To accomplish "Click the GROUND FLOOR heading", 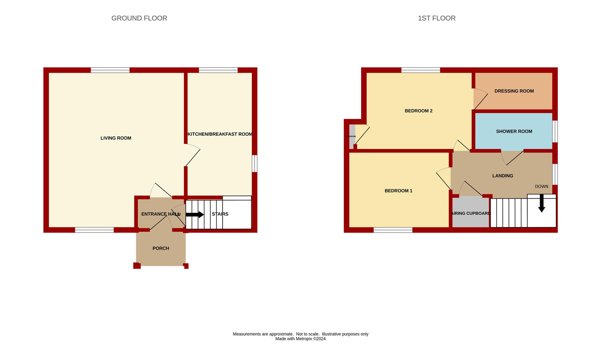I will pyautogui.click(x=139, y=18).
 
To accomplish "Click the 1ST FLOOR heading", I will pyautogui.click(x=437, y=18).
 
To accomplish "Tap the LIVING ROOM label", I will pyautogui.click(x=116, y=138).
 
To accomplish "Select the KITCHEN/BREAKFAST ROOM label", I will pyautogui.click(x=220, y=134).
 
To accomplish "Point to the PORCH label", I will pyautogui.click(x=161, y=248).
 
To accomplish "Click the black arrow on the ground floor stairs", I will pyautogui.click(x=195, y=214).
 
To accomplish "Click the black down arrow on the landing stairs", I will pyautogui.click(x=542, y=203).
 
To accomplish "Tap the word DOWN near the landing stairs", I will pyautogui.click(x=541, y=187).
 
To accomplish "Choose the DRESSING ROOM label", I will pyautogui.click(x=514, y=91).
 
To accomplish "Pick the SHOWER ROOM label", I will pyautogui.click(x=514, y=131).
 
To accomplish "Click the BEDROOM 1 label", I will pyautogui.click(x=398, y=191).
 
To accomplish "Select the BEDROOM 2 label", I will pyautogui.click(x=418, y=111).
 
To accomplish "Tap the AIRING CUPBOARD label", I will pyautogui.click(x=470, y=213).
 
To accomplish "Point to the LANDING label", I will pyautogui.click(x=503, y=176).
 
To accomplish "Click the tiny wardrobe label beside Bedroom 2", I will pyautogui.click(x=351, y=136).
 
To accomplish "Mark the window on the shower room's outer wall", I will pyautogui.click(x=555, y=131).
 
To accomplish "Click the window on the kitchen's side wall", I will pyautogui.click(x=254, y=163).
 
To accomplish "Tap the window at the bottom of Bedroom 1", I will pyautogui.click(x=393, y=230).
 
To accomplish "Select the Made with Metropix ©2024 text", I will pyautogui.click(x=300, y=339).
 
